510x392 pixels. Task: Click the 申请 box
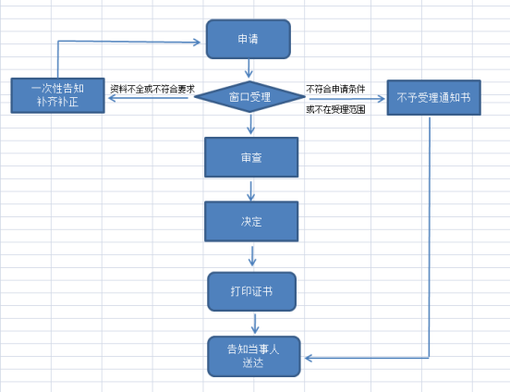coord(249,39)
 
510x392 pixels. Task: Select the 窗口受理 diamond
coord(249,97)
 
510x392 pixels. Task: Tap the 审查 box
coord(251,157)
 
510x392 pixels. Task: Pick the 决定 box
coord(251,221)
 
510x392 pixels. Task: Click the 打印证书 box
coord(251,291)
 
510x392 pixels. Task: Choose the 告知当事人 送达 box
coord(254,356)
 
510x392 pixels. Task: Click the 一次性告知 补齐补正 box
coord(57,95)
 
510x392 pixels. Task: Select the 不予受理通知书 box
coord(433,97)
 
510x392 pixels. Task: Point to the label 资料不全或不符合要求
coord(152,89)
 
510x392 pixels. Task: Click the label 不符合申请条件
coord(335,89)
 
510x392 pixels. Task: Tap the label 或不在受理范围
coord(335,109)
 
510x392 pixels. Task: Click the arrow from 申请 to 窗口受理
coord(249,68)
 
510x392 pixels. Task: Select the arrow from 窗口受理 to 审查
coord(250,123)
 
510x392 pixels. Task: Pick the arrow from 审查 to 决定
coord(250,191)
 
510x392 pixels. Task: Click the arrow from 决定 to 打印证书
coord(252,256)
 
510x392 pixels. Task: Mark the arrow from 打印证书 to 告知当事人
coord(255,324)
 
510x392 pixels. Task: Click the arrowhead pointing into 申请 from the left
coord(197,42)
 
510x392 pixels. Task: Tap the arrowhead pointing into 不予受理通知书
coord(381,98)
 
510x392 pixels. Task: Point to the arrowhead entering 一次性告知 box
coord(112,98)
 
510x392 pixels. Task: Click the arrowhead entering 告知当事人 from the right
coord(309,358)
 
